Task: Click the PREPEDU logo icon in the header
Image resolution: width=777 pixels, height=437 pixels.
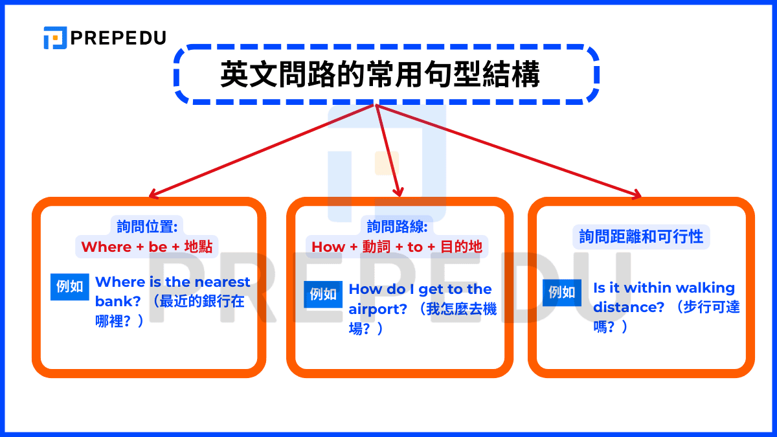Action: click(x=55, y=38)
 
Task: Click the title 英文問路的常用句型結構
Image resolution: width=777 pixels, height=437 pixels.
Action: click(x=380, y=74)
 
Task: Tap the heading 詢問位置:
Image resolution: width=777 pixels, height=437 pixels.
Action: click(x=147, y=226)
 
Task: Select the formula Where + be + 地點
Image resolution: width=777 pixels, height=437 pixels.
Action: click(x=146, y=247)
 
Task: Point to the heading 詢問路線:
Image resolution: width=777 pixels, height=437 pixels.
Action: click(x=397, y=226)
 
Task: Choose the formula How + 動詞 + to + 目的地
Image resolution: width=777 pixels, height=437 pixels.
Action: click(x=397, y=247)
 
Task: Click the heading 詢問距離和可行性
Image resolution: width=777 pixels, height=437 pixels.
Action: click(x=641, y=236)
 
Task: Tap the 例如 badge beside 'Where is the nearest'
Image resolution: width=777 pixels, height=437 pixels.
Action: click(x=70, y=287)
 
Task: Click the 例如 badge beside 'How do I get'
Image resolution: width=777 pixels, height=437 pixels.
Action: click(x=323, y=294)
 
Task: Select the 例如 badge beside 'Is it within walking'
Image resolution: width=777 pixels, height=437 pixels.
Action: click(x=561, y=292)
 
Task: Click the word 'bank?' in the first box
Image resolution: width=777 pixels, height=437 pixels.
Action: click(x=113, y=302)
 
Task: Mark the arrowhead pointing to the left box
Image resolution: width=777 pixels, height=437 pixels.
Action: click(x=153, y=193)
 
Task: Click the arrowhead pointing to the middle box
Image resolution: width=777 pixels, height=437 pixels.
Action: click(x=399, y=192)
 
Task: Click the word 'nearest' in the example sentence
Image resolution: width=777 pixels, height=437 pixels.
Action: click(x=222, y=282)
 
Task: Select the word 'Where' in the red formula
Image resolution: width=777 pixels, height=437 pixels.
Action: click(x=106, y=247)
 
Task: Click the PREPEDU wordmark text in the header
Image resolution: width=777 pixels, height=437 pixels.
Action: click(x=118, y=38)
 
